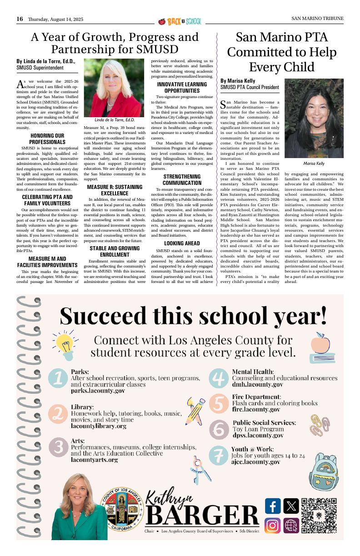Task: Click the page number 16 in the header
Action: pyautogui.click(x=20, y=19)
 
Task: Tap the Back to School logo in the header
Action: pyautogui.click(x=180, y=21)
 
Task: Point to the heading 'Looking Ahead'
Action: pyautogui.click(x=182, y=243)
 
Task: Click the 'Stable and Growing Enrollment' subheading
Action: pyautogui.click(x=115, y=252)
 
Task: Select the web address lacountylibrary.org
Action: pyautogui.click(x=98, y=426)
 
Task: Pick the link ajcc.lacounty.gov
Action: pyautogui.click(x=256, y=462)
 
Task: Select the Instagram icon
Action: pyautogui.click(x=272, y=526)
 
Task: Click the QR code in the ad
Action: pyautogui.click(x=319, y=515)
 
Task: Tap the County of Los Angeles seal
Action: pyautogui.click(x=122, y=509)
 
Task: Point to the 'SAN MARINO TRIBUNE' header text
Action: pyautogui.click(x=317, y=19)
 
